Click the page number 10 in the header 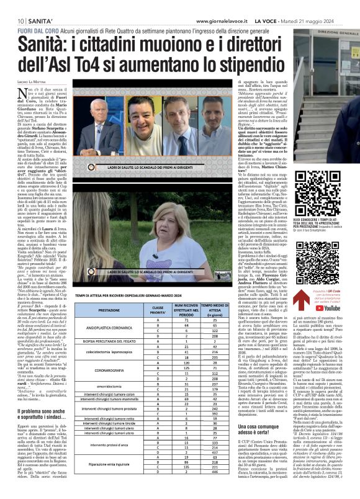click(11, 7)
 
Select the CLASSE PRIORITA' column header click(158, 310)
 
